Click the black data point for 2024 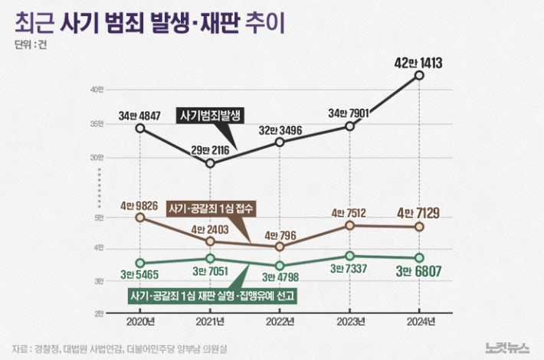click(x=419, y=75)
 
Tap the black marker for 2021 click(x=210, y=163)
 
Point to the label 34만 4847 click(x=139, y=116)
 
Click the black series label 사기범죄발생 click(x=210, y=116)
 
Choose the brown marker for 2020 click(x=139, y=218)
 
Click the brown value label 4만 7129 click(x=419, y=212)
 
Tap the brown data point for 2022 click(x=280, y=247)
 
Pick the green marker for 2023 click(x=349, y=256)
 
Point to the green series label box click(x=212, y=296)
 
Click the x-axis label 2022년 click(x=280, y=320)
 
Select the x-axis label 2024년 click(x=419, y=320)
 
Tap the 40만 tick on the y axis click(x=97, y=90)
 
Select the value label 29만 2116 click(x=210, y=147)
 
